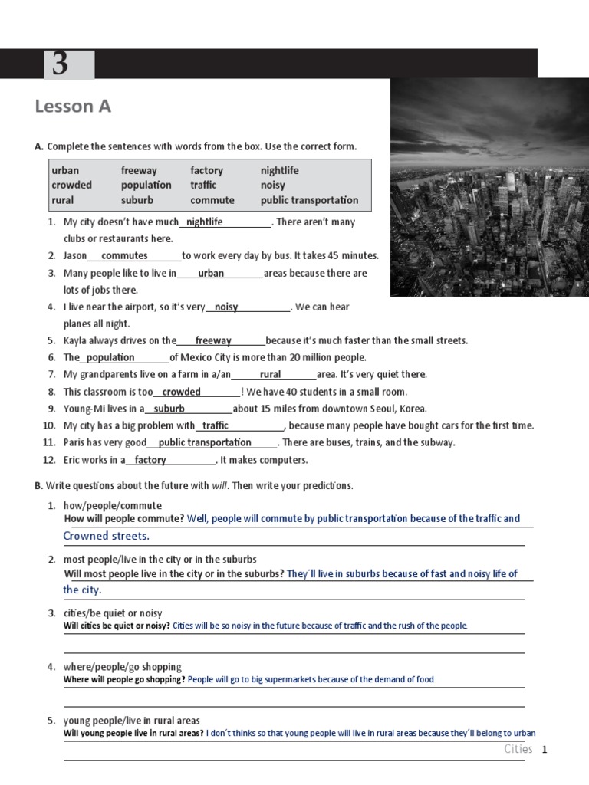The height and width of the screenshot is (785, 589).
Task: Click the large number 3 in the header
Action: (x=60, y=64)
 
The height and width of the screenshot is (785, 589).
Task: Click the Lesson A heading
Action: (x=73, y=107)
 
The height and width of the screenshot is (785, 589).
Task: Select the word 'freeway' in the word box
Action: (x=139, y=170)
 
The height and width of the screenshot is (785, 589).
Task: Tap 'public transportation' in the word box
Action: (x=309, y=200)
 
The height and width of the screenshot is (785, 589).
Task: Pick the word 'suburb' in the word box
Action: (x=137, y=200)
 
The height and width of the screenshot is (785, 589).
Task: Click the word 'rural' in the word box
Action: (x=62, y=200)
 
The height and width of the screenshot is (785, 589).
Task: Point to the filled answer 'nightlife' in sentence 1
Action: (x=205, y=222)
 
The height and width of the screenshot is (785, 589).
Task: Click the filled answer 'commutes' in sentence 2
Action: (x=124, y=255)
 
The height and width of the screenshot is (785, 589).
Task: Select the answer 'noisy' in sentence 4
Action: (x=226, y=307)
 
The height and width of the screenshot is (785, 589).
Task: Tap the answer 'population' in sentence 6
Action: (x=110, y=357)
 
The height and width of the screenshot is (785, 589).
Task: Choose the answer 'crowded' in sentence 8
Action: (x=182, y=392)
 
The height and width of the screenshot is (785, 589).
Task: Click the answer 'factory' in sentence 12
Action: (x=150, y=460)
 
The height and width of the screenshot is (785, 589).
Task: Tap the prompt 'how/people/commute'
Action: (x=113, y=505)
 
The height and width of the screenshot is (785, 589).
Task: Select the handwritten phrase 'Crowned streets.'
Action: (x=107, y=536)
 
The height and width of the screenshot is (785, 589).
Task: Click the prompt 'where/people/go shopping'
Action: (x=123, y=667)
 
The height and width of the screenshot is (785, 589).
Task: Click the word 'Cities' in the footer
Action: (x=518, y=749)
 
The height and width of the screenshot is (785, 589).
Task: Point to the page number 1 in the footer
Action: (x=545, y=750)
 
